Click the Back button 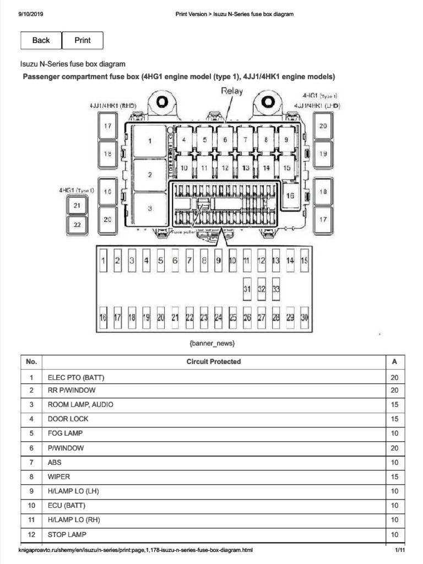click(41, 40)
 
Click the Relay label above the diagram click(231, 91)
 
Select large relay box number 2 click(150, 175)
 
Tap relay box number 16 click(290, 195)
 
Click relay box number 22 click(77, 224)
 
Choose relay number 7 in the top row click(245, 139)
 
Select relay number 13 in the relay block click(246, 167)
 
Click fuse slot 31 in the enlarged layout click(247, 289)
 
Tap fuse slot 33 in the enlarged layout click(276, 289)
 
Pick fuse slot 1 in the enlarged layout click(103, 261)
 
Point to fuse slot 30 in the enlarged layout click(305, 317)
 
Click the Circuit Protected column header click(213, 362)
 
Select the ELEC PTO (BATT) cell click(76, 378)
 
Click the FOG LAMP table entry click(65, 433)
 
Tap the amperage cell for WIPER click(394, 476)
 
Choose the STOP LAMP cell click(67, 534)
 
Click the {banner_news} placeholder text click(213, 344)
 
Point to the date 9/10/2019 click(31, 14)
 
